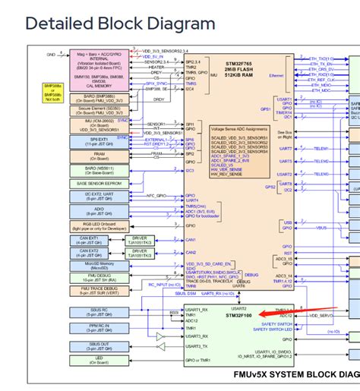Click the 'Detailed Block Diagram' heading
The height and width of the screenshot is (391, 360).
click(x=121, y=24)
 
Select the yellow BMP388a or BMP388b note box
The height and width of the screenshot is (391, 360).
click(x=53, y=93)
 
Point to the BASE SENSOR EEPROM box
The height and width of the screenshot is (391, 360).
click(x=96, y=183)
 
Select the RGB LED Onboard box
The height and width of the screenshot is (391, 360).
click(x=96, y=225)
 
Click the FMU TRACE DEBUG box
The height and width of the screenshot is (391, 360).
click(x=96, y=289)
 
